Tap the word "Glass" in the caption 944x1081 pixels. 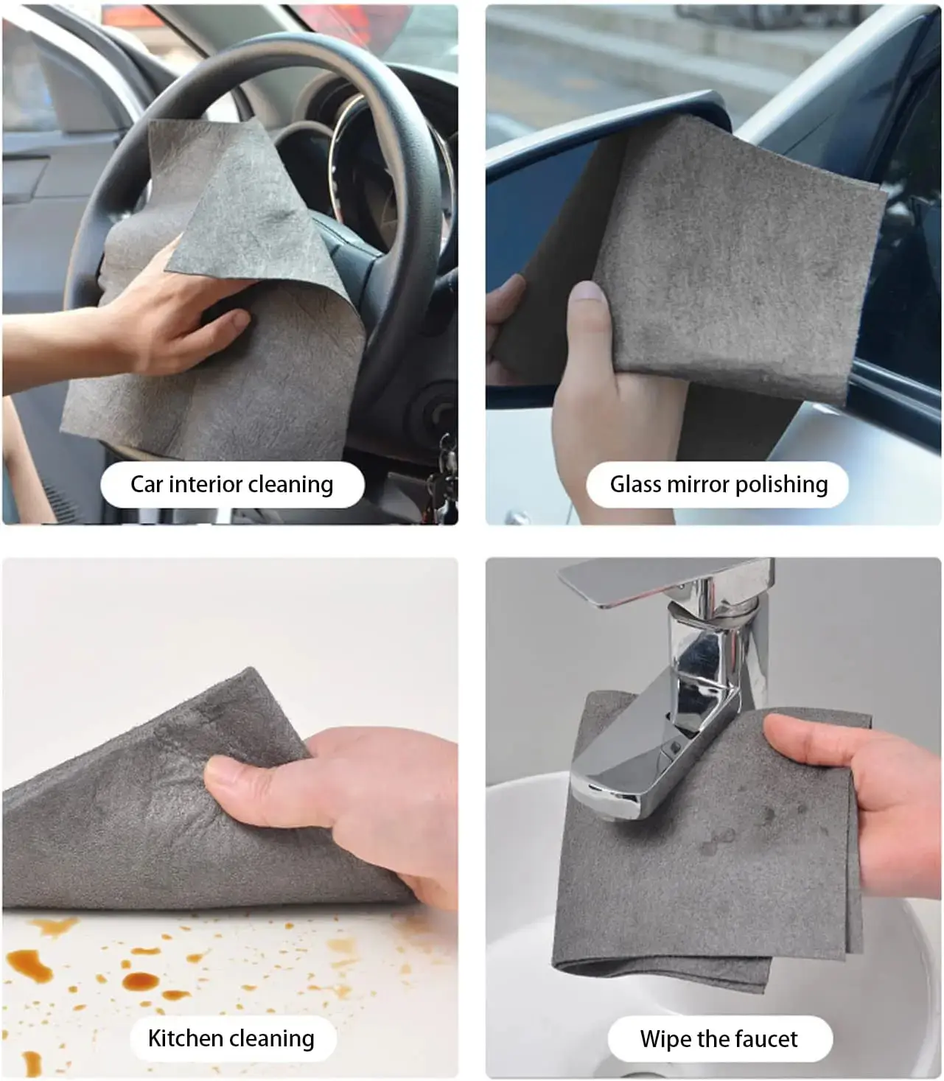coord(634,484)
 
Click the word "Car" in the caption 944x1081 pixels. coord(147,484)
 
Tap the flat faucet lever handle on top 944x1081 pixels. coord(665,581)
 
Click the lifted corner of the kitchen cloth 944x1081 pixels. coord(248,687)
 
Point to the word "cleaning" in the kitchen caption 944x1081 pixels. coord(279,1039)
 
